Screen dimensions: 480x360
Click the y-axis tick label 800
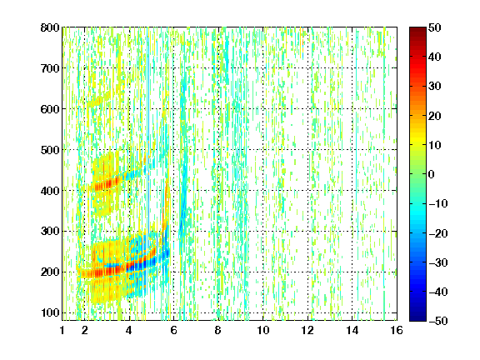coord(50,27)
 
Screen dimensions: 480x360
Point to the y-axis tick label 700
coord(50,68)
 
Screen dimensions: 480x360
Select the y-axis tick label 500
coord(50,150)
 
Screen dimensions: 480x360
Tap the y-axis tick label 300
coord(50,232)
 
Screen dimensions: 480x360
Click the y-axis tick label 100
coord(50,312)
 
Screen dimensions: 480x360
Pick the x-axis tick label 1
coord(62,330)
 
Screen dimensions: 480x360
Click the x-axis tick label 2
coord(85,330)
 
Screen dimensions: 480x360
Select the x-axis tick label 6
coord(174,330)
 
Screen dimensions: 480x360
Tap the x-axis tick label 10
coord(263,330)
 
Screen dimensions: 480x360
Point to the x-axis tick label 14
coord(352,330)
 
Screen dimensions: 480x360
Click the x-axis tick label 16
coord(397,330)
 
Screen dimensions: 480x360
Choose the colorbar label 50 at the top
coord(435,27)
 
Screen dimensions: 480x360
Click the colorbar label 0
coord(432,174)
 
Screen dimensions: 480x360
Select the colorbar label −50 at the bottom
coord(438,321)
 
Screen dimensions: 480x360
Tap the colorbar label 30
coord(435,87)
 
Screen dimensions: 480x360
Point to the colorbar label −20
coord(438,233)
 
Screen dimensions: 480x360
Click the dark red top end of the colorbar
coord(417,28)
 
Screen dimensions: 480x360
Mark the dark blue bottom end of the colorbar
coord(417,319)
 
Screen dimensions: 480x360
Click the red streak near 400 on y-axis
coord(106,184)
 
